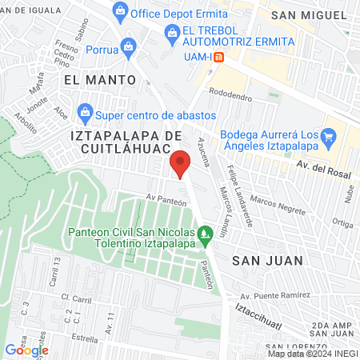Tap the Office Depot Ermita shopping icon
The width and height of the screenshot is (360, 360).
point(120,11)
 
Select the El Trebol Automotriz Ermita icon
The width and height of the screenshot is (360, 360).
point(170,31)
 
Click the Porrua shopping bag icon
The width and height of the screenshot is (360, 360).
point(127,46)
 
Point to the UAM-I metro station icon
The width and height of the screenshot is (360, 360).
point(229,55)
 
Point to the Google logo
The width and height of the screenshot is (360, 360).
point(26,349)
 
